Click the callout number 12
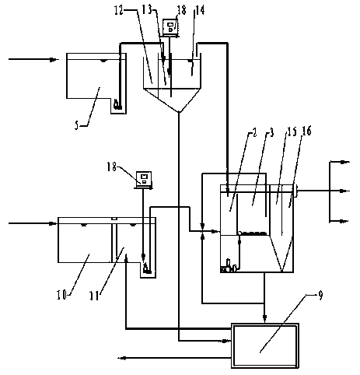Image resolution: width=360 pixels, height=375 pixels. (x=120, y=11)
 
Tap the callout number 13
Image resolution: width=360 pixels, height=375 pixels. (x=147, y=10)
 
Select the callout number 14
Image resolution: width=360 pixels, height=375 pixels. (x=199, y=10)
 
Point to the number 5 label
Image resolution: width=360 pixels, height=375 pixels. (x=77, y=126)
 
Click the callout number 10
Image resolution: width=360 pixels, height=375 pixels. (x=62, y=295)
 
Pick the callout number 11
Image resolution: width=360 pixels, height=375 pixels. (x=94, y=296)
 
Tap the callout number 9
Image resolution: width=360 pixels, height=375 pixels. (x=321, y=296)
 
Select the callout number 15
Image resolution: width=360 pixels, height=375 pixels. (x=292, y=131)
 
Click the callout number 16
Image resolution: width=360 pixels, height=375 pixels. (x=306, y=131)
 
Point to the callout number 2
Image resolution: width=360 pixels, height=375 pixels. (x=254, y=133)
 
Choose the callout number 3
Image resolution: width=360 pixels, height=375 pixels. (x=271, y=133)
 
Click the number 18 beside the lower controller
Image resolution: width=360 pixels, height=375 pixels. (x=112, y=166)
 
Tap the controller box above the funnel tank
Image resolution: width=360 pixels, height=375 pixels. (x=170, y=27)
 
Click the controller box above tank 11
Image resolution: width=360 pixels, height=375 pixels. (x=144, y=180)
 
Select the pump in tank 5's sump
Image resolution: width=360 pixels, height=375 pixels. (x=117, y=104)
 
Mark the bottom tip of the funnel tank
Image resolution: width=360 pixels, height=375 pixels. (x=179, y=112)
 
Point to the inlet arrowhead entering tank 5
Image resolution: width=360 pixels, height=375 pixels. (x=53, y=59)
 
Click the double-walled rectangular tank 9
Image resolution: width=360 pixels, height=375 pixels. (x=265, y=345)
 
